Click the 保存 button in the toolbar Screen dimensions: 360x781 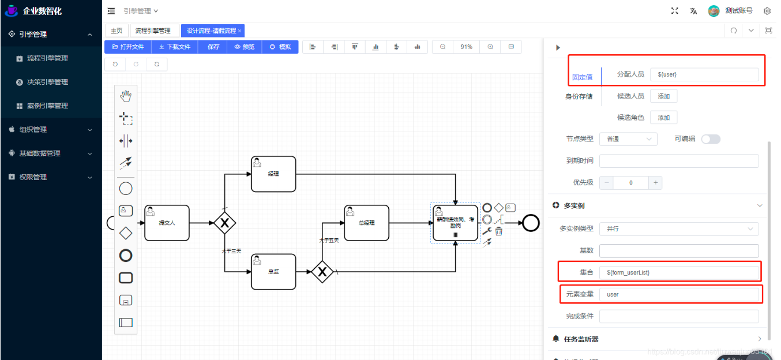click(213, 47)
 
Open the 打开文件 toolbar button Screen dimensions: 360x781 click(127, 47)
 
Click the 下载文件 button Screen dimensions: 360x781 click(175, 47)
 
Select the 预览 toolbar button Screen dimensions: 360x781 click(245, 47)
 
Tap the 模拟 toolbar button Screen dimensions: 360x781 click(280, 47)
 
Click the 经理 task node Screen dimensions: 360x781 click(273, 174)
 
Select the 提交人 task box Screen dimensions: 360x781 click(167, 223)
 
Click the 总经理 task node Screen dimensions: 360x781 click(366, 223)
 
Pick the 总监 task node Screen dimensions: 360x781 click(273, 272)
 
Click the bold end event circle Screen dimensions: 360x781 click(531, 223)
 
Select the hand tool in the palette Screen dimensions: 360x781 click(126, 96)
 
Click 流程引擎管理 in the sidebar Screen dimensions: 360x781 click(47, 58)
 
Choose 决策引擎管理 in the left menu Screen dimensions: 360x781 click(47, 82)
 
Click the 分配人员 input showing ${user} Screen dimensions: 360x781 click(704, 74)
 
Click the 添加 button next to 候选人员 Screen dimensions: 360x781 click(663, 96)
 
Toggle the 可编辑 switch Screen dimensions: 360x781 click(711, 139)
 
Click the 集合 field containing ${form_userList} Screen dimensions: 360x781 click(679, 272)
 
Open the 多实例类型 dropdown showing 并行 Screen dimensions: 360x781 click(679, 229)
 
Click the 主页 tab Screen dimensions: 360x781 click(117, 31)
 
